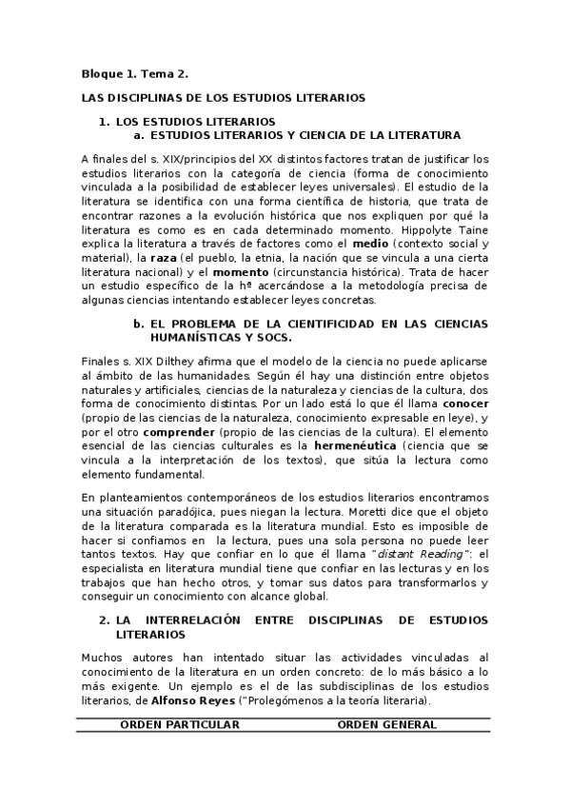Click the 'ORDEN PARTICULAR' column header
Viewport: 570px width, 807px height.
click(179, 724)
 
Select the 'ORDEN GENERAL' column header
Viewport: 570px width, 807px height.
click(387, 724)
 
